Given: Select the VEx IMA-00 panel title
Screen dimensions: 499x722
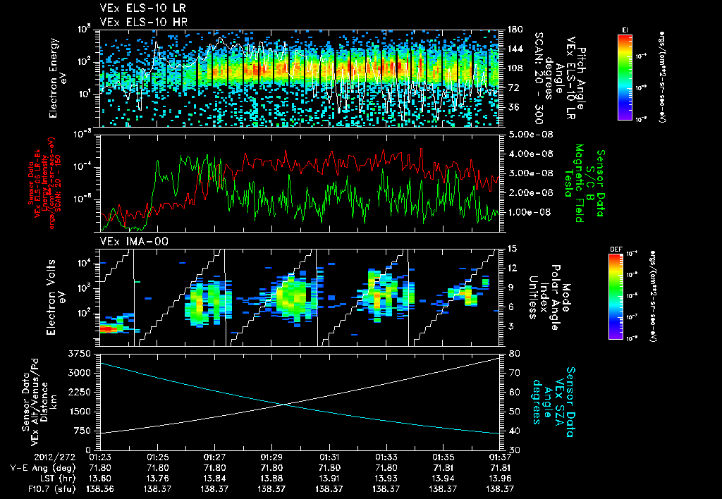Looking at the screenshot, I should point(127,242).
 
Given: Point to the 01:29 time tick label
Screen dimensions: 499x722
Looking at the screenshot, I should point(271,457).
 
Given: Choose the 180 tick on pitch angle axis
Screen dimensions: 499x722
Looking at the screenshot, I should point(514,30).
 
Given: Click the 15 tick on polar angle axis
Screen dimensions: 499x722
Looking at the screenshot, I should point(512,249).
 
